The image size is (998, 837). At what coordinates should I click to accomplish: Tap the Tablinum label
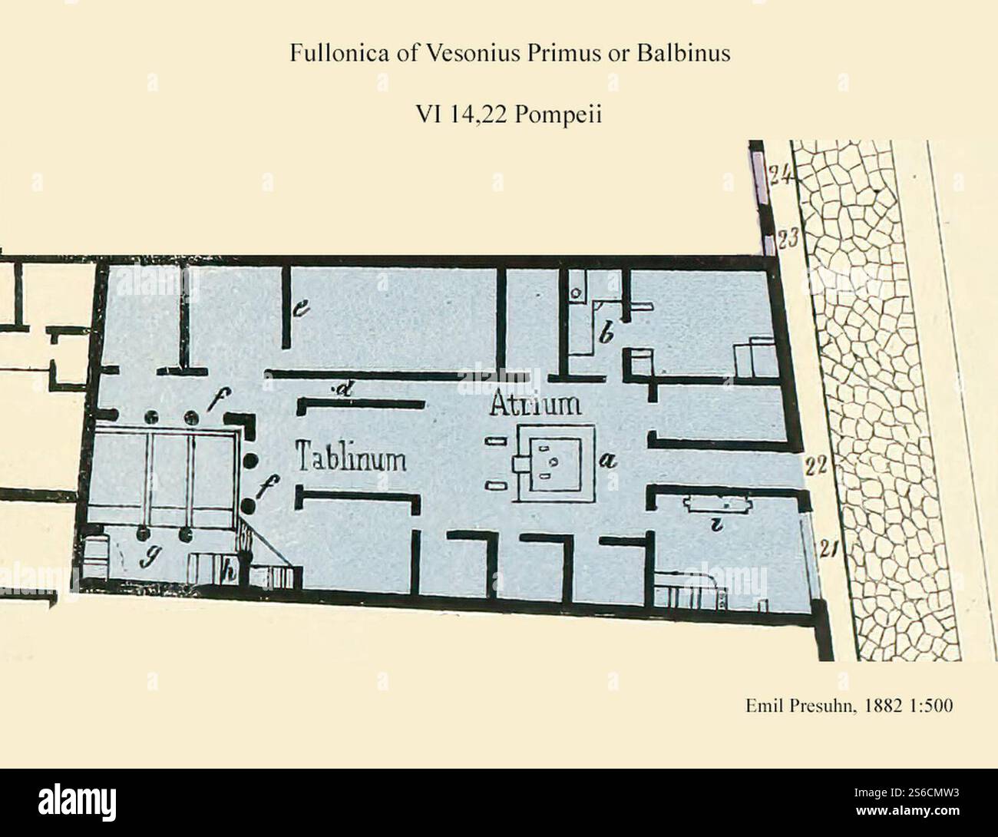351,459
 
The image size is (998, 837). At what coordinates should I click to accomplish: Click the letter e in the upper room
301,309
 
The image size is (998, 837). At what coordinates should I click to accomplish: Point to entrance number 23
785,239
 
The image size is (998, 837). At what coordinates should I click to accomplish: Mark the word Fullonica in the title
328,55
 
